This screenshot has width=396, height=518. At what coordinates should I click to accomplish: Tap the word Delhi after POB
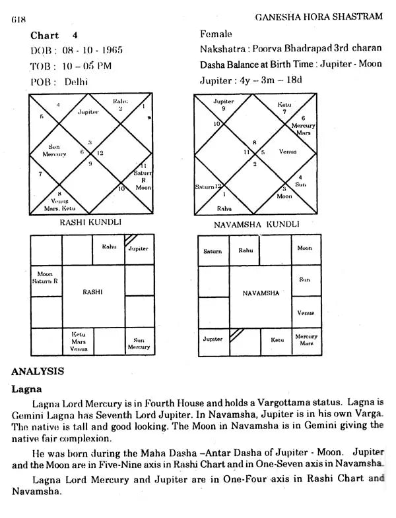click(x=76, y=82)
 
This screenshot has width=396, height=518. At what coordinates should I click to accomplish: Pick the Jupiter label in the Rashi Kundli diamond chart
click(x=88, y=112)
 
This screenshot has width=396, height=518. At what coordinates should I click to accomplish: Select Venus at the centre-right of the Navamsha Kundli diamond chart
click(x=288, y=152)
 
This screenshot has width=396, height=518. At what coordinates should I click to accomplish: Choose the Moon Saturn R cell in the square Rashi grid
click(x=46, y=277)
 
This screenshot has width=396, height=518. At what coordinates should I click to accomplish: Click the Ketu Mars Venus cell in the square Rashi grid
click(x=79, y=340)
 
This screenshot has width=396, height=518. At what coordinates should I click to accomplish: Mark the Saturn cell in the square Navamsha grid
click(x=213, y=251)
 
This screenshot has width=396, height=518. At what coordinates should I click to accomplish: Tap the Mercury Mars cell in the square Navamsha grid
click(x=306, y=340)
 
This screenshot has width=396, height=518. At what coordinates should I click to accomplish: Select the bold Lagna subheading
click(x=27, y=389)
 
